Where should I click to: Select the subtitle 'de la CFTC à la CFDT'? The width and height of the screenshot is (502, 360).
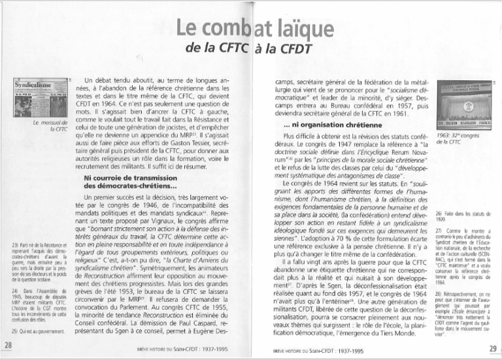[x=250, y=48]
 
